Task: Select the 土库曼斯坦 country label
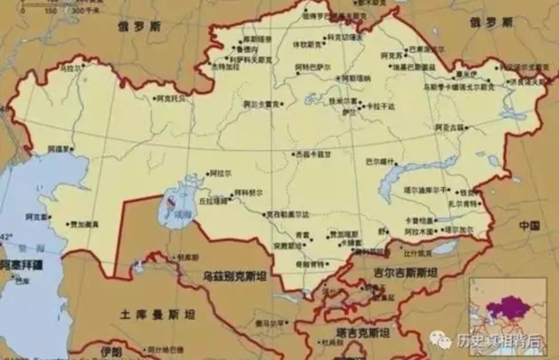tap(157, 314)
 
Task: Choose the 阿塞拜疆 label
tap(21, 265)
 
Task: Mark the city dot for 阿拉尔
tap(208, 174)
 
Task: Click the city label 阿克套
tap(36, 217)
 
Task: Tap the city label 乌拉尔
tap(71, 68)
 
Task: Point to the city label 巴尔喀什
tap(380, 161)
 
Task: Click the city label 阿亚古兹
tap(449, 127)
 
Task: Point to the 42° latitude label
tap(6, 237)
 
